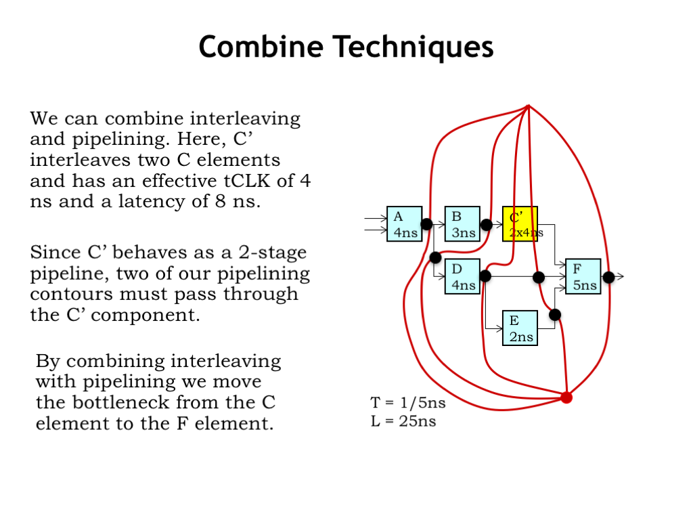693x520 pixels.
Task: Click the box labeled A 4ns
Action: click(x=404, y=224)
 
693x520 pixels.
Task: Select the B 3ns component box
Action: click(x=463, y=224)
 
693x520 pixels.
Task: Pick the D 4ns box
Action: click(x=463, y=276)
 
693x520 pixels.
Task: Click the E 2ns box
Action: click(x=520, y=328)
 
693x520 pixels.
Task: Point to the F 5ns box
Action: click(x=583, y=276)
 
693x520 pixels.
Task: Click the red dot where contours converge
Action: click(x=566, y=397)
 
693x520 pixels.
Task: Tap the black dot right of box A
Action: click(x=426, y=224)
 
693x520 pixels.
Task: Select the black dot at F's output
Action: click(x=608, y=276)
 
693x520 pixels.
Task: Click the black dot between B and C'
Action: click(x=486, y=224)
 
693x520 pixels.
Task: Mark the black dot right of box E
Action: click(x=555, y=314)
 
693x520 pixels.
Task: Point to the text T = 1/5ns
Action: click(x=408, y=403)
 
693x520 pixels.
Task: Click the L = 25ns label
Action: click(x=403, y=421)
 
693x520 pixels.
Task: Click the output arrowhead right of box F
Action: click(x=621, y=276)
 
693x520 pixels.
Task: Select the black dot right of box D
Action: click(x=485, y=276)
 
